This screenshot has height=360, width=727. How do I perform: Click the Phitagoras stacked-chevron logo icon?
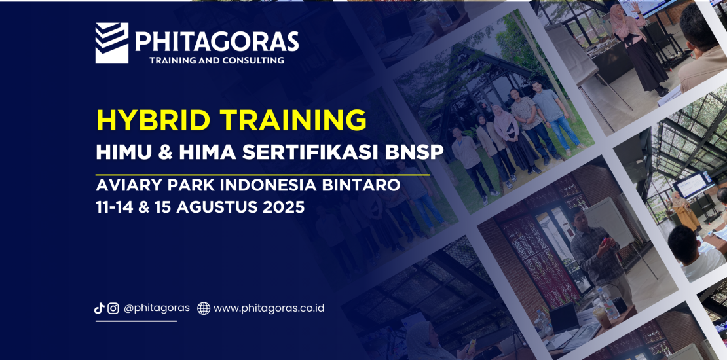[112, 43]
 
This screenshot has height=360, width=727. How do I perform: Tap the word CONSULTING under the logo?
[253, 60]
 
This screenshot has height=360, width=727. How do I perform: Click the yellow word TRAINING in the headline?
[293, 120]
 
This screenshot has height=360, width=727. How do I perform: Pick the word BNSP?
[415, 153]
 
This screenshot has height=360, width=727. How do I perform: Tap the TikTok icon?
[99, 308]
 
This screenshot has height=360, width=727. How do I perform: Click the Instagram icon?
[113, 308]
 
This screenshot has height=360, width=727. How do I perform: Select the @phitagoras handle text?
[157, 308]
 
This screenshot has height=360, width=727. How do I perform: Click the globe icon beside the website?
[204, 308]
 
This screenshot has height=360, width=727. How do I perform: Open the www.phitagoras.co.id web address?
[269, 308]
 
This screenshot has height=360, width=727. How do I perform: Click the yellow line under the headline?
[263, 175]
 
